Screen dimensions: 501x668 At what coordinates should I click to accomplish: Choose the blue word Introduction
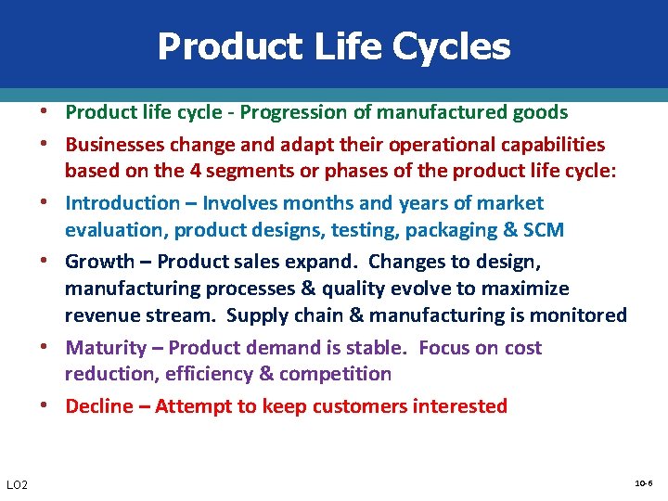(122, 203)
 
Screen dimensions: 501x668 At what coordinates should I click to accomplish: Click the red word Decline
(99, 406)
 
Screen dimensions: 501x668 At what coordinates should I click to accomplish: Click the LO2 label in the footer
(18, 485)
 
